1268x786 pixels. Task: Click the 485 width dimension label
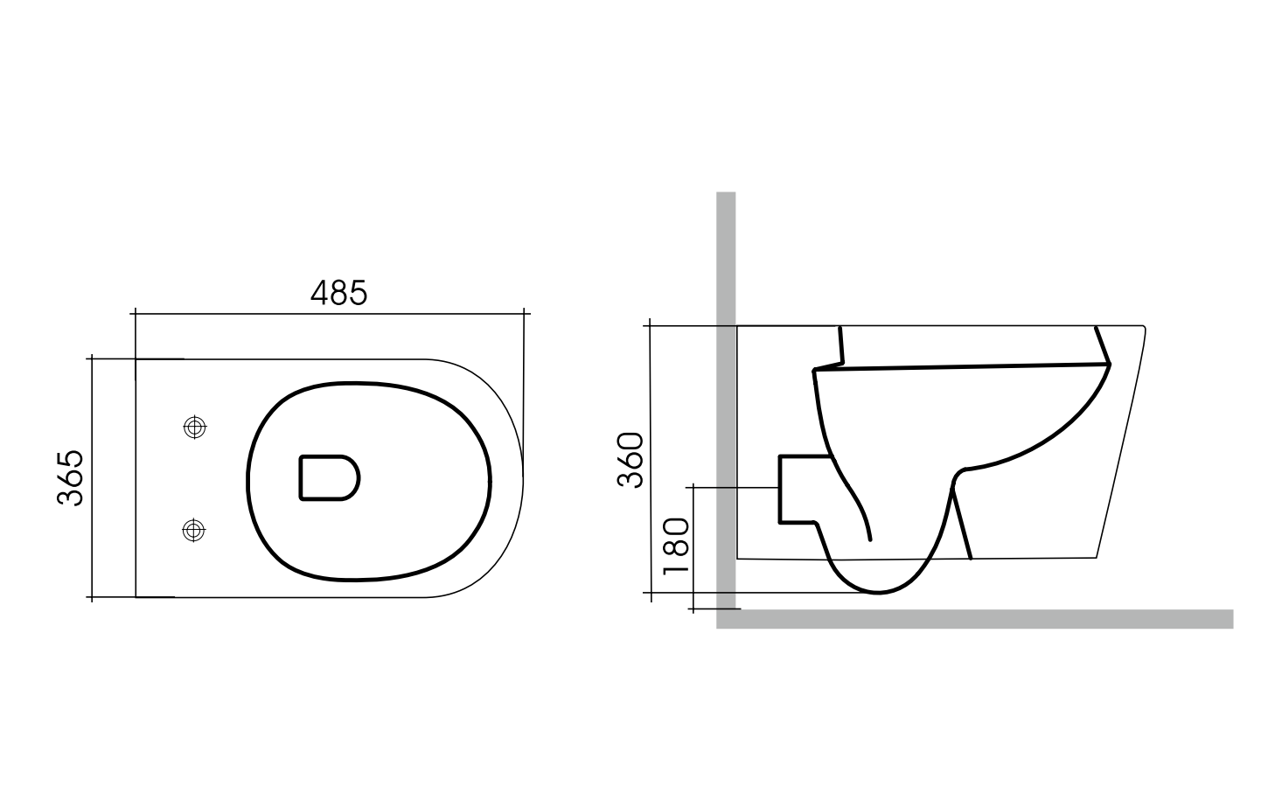[x=339, y=293]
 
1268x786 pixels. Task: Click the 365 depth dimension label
[x=70, y=477]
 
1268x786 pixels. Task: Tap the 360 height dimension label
[x=630, y=460]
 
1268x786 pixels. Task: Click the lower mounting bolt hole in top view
[x=193, y=529]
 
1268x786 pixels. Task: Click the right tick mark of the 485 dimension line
[x=524, y=311]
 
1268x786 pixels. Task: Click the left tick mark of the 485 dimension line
[x=136, y=311]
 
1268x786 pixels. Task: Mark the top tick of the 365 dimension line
[x=92, y=358]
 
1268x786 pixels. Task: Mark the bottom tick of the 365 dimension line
[x=92, y=597]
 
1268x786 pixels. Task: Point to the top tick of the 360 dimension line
[x=650, y=325]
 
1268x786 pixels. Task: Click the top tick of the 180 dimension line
[x=693, y=486]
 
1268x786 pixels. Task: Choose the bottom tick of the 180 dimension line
[x=693, y=609]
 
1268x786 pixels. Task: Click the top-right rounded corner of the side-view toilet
[x=1142, y=329]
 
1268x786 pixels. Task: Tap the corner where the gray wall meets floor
[x=726, y=619]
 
